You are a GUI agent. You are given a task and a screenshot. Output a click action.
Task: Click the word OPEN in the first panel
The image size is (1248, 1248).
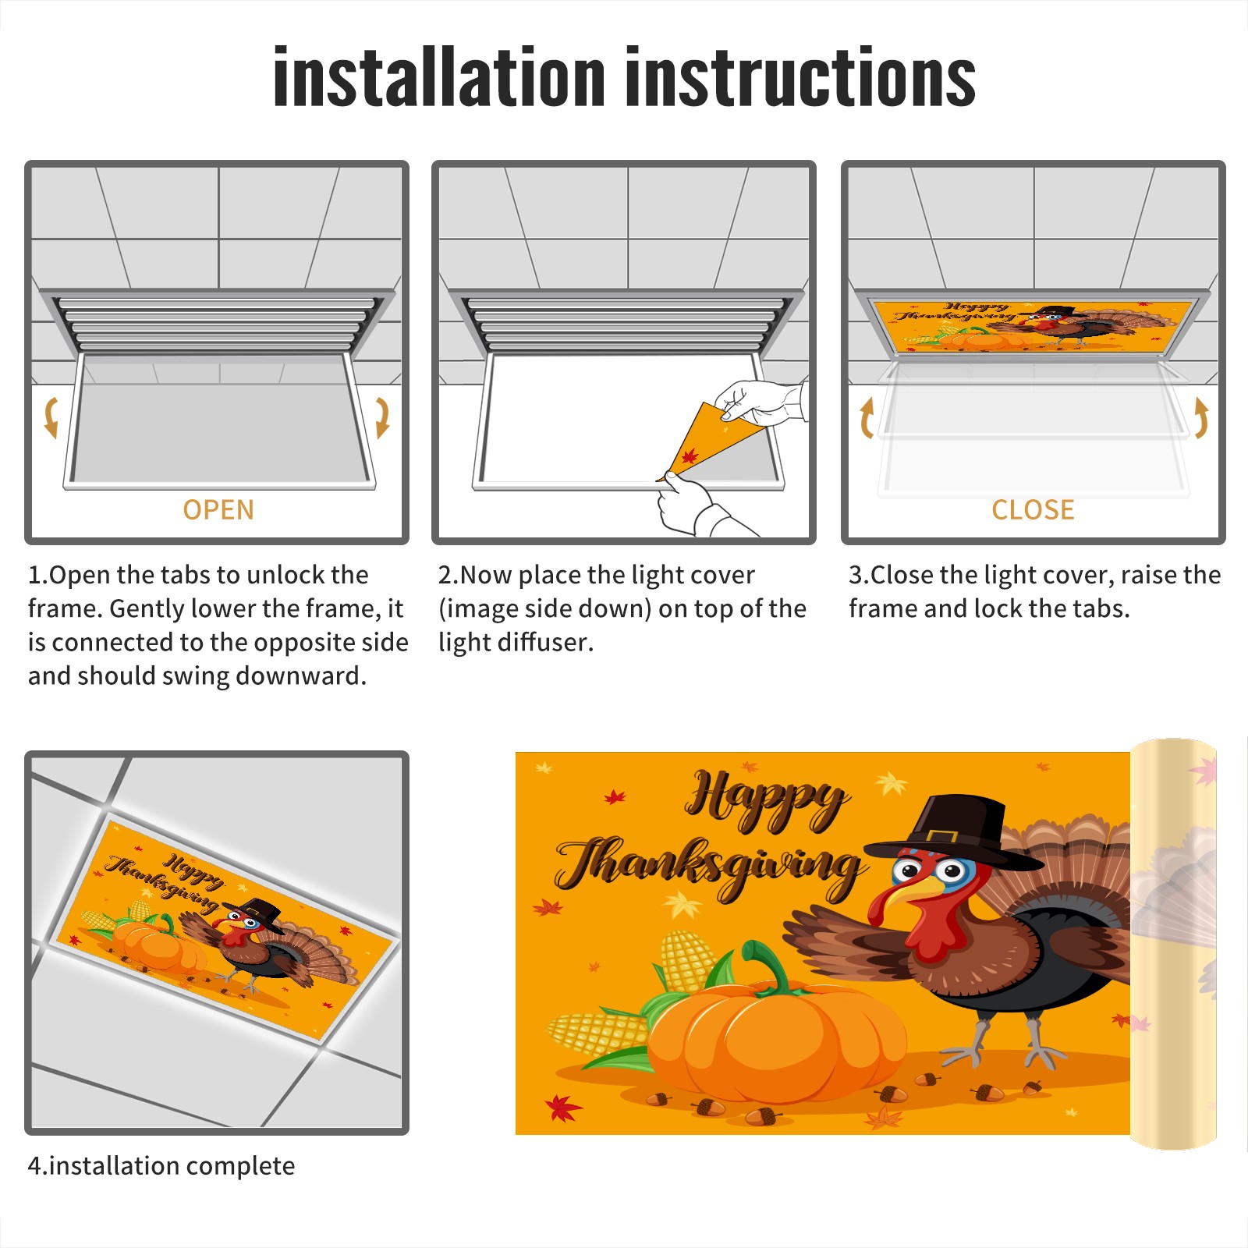pos(218,509)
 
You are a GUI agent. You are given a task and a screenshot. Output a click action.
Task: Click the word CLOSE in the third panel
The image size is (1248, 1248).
pos(1033,509)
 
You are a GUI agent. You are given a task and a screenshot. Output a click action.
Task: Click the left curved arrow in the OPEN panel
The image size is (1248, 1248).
pos(51,417)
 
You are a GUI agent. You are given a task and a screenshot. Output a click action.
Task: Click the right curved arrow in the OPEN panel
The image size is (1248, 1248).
pos(382,417)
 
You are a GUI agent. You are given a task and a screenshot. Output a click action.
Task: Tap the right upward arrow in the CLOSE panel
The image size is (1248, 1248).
pos(1201,417)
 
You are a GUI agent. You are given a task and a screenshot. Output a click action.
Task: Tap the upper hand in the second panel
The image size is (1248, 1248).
pos(760,402)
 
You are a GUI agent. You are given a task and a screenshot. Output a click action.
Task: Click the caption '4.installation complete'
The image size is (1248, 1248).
pos(161,1166)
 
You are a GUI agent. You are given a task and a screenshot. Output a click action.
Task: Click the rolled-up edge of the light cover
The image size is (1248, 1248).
pos(1173,944)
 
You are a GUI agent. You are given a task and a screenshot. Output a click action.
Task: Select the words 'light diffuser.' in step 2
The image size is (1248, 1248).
pos(516,642)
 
